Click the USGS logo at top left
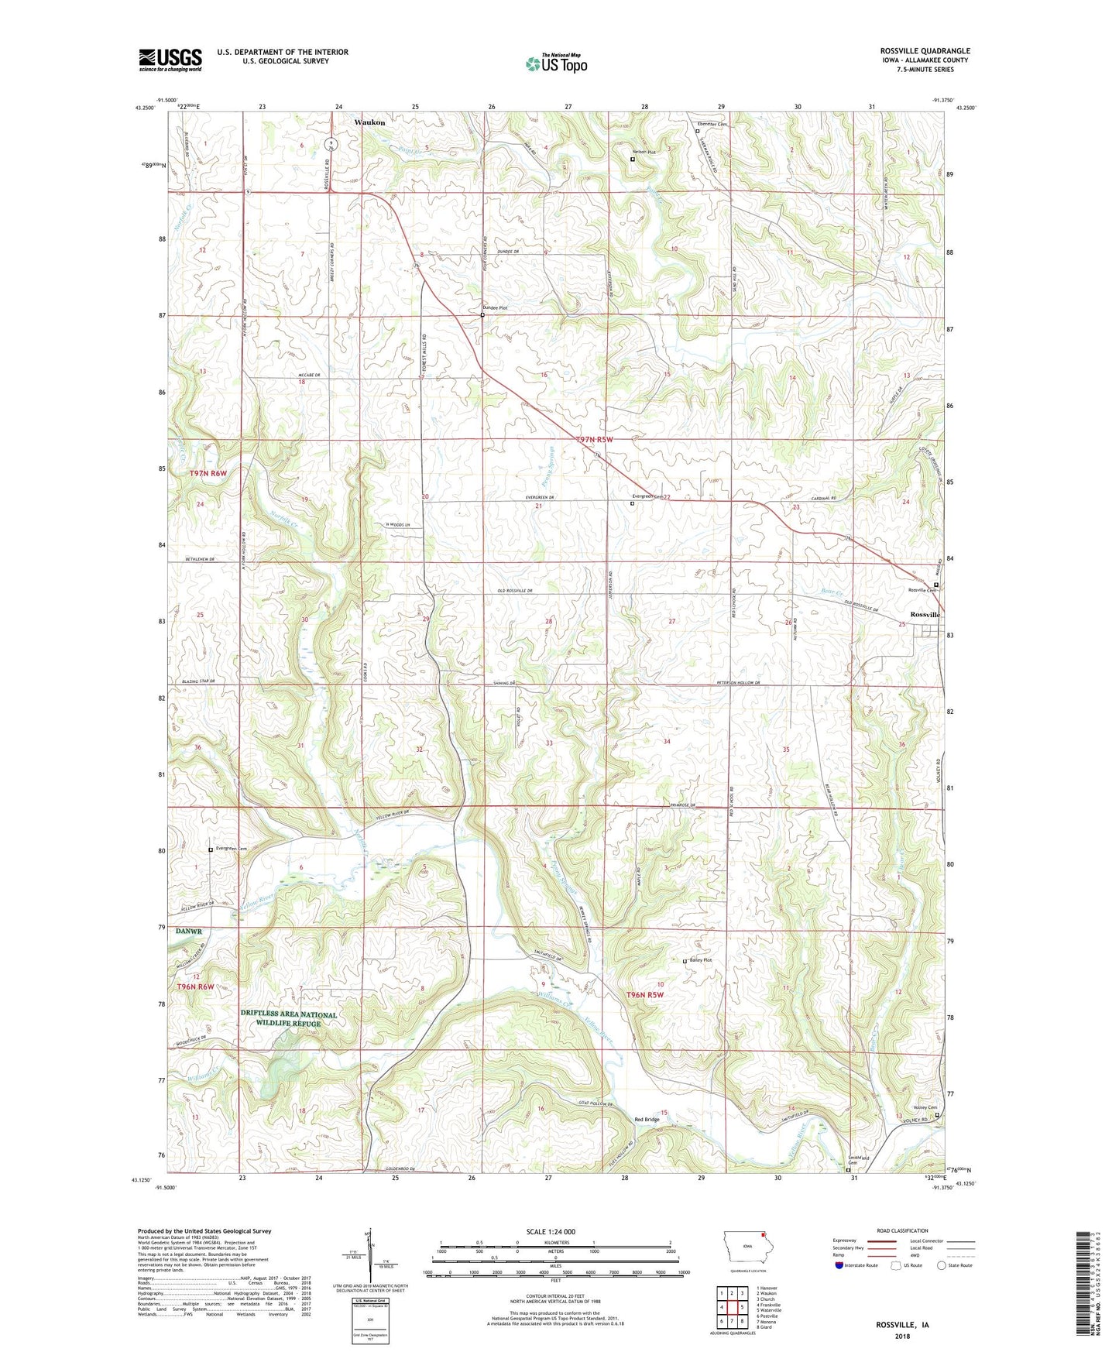(x=170, y=60)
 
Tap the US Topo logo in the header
(x=555, y=63)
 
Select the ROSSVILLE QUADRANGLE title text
(x=925, y=51)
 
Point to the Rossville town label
(x=925, y=614)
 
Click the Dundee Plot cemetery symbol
(x=482, y=315)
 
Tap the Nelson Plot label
(x=644, y=153)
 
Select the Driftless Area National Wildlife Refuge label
(x=289, y=1018)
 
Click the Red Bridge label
(x=647, y=1120)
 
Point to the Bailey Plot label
(x=700, y=960)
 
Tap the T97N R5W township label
(x=595, y=440)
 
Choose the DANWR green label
(x=187, y=932)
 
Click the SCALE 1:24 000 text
(x=551, y=1232)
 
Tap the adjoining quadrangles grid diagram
(x=732, y=1309)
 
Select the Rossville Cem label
(x=922, y=590)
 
